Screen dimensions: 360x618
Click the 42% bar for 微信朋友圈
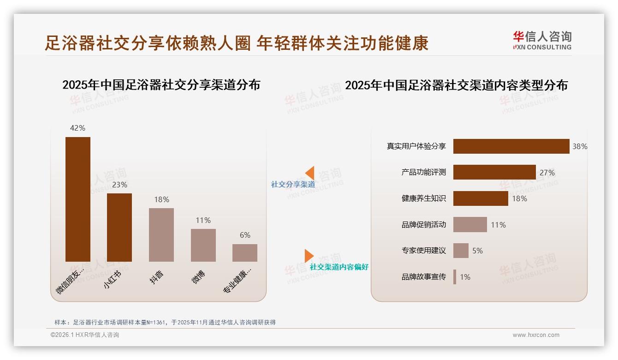click(x=78, y=199)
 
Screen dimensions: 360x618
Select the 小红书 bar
click(x=119, y=227)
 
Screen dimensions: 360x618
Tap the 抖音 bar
click(x=161, y=234)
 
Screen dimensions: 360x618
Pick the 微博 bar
click(x=203, y=245)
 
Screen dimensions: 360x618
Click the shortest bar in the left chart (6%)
click(x=245, y=253)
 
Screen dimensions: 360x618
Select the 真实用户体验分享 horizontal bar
click(x=511, y=146)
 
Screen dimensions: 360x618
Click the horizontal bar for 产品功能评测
click(x=494, y=172)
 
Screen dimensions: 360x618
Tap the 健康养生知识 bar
click(x=481, y=198)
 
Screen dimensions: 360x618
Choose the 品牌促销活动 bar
click(x=470, y=225)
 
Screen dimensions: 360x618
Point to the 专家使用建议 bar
click(x=461, y=251)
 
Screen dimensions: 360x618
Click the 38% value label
click(x=580, y=147)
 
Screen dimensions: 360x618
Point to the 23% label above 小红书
click(x=119, y=185)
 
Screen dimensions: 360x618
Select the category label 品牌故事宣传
click(x=423, y=277)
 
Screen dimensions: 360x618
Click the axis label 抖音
click(x=157, y=277)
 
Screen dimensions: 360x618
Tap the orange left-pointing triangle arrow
click(x=309, y=173)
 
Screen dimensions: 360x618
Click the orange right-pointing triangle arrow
click(x=309, y=256)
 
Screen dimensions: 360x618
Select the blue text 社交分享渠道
click(x=293, y=185)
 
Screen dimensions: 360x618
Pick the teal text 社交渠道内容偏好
click(x=339, y=267)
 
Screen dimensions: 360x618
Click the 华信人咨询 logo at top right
click(x=542, y=41)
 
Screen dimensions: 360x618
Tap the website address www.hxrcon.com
click(x=536, y=335)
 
